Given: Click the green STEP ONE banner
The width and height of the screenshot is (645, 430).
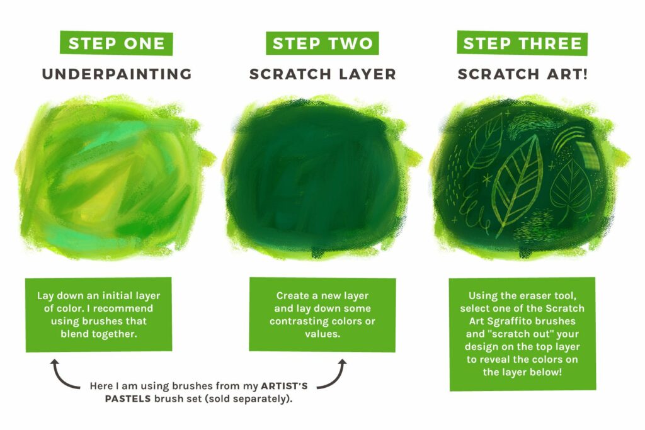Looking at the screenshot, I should point(116,43).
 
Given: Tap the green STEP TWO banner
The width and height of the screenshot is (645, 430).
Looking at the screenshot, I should point(322,43).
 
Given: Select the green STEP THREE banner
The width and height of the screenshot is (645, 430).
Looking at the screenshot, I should point(522,43).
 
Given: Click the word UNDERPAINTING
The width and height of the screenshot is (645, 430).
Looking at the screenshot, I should point(117,74).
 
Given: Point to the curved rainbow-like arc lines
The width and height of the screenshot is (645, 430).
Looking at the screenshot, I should point(570,135).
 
